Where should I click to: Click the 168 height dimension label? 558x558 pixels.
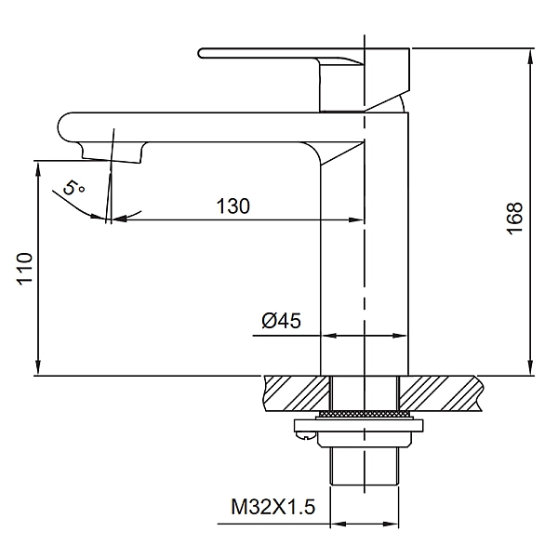point(514,219)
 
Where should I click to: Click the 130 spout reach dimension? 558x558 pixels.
point(233,206)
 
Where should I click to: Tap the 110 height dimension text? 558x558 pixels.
point(24,269)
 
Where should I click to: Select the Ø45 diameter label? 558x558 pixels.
point(281,320)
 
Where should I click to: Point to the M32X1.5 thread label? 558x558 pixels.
point(272,507)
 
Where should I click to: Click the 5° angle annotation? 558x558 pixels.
point(73,188)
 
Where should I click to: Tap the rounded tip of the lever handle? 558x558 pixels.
point(201,53)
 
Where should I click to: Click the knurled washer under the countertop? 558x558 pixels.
point(365,414)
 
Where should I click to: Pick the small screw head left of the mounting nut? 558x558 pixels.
point(305,434)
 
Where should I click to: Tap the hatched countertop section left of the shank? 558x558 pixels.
point(298,393)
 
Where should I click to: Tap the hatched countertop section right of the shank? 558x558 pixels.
point(441,393)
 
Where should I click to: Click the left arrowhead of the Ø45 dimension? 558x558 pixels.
point(329,335)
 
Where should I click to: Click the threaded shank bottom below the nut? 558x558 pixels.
point(365,466)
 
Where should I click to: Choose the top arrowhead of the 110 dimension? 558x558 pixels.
point(38,168)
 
